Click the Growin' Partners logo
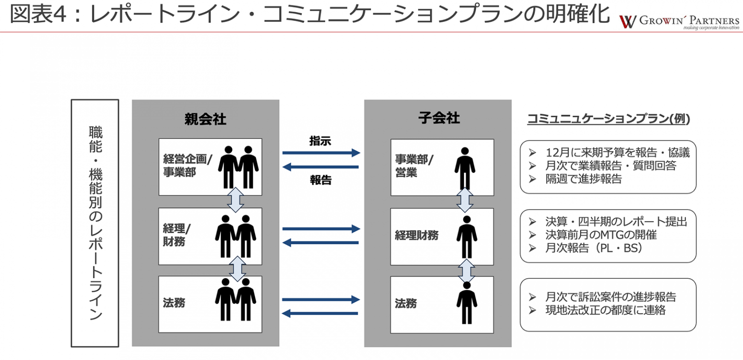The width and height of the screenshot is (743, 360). click(x=679, y=22)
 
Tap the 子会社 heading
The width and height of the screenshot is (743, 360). click(x=439, y=118)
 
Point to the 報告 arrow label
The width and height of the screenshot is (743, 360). click(x=321, y=180)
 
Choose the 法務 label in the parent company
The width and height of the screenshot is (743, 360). click(x=174, y=303)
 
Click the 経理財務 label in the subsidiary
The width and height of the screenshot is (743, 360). click(x=416, y=236)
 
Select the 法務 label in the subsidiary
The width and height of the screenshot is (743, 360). click(x=406, y=303)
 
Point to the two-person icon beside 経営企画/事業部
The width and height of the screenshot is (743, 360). click(x=238, y=166)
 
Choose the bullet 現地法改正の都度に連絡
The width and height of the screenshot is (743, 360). click(x=605, y=310)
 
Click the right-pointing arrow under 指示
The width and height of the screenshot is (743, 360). click(x=321, y=153)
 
